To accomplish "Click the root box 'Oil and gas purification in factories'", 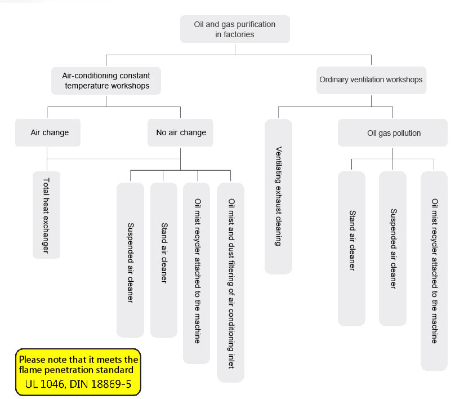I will pos(235,29).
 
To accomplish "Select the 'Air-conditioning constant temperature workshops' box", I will pos(106,81).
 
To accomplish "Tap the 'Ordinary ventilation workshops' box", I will pos(371,80).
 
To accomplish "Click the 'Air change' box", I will pos(50,133).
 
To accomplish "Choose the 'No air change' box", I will pos(181,133).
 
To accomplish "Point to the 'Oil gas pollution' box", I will pos(393,134).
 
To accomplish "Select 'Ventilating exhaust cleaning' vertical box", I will pos(278,196).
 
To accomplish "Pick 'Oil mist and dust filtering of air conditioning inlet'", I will pos(231,282).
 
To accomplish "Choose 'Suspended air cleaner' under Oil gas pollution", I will pos(393,249).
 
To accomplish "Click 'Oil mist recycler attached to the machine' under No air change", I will pos(197,271).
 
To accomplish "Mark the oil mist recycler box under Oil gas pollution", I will pos(434,271).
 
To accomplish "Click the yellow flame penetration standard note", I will pos(78,371).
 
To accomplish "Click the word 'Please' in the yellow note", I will pos(33,360).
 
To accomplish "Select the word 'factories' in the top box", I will pos(240,34).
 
